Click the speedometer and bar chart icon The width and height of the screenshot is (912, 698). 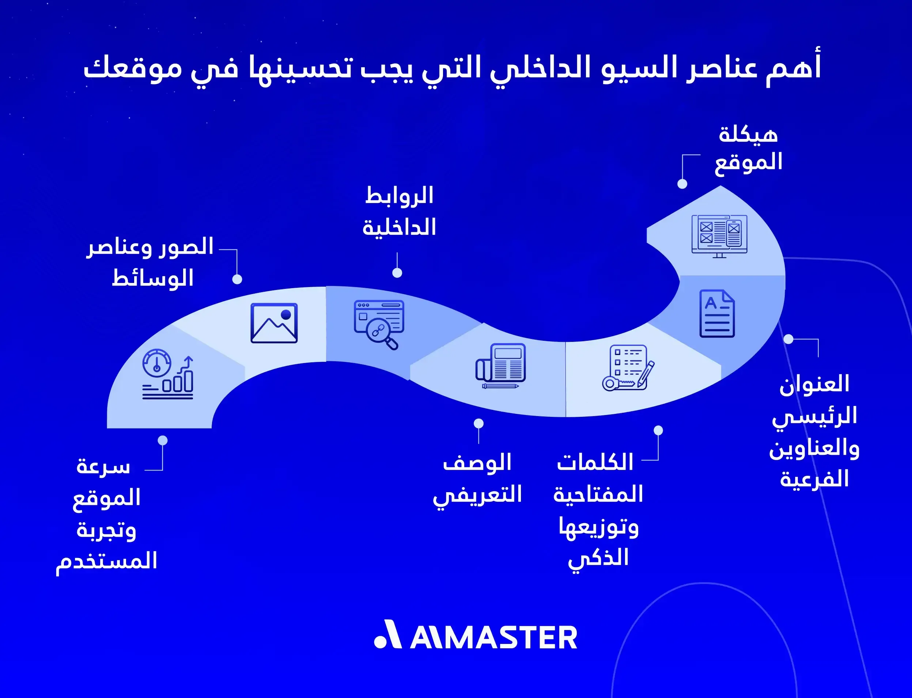[x=168, y=374]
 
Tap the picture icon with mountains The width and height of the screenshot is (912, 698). [x=274, y=323]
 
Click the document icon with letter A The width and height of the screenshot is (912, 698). [x=717, y=314]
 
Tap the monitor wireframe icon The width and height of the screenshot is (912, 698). [x=719, y=236]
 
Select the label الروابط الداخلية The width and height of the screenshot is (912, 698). [x=399, y=211]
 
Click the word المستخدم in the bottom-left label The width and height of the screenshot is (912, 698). [x=107, y=561]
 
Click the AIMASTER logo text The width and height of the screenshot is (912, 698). [x=494, y=638]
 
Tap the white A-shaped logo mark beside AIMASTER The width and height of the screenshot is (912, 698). [x=389, y=634]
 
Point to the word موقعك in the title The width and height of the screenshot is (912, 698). [x=133, y=68]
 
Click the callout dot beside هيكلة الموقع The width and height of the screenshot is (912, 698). [x=682, y=184]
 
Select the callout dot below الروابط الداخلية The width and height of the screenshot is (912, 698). [x=397, y=272]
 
